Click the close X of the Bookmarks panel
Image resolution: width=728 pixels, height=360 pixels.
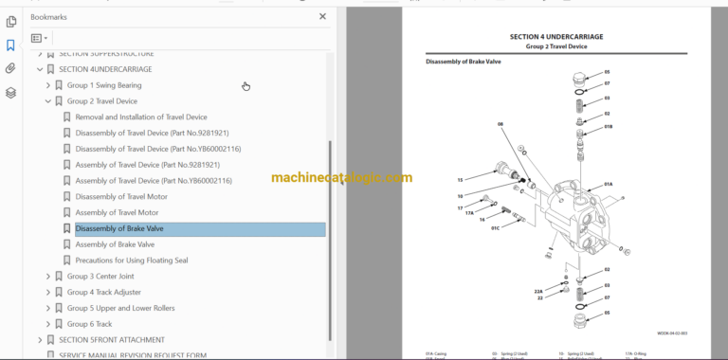[322, 16]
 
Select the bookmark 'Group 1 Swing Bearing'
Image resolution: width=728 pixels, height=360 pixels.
[104, 85]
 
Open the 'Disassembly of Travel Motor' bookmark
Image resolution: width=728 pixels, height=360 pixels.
[120, 196]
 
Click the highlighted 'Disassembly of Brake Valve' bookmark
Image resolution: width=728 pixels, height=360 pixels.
[119, 228]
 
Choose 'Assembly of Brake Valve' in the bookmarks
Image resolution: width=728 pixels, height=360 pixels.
[115, 244]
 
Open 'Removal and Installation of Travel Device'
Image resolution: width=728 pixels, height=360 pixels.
[140, 117]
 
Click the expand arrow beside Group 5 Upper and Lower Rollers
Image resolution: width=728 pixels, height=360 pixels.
[48, 308]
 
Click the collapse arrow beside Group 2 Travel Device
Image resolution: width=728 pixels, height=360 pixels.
[48, 101]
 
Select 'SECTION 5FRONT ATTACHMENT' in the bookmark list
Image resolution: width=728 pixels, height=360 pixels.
[111, 340]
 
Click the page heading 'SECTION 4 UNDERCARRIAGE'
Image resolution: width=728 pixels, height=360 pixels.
[555, 36]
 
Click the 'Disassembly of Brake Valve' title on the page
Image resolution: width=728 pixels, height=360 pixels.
[464, 62]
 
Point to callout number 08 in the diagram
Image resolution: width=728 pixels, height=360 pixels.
[501, 123]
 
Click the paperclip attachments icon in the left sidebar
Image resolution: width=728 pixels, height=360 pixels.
[10, 68]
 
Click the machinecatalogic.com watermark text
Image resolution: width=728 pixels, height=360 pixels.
[341, 177]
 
